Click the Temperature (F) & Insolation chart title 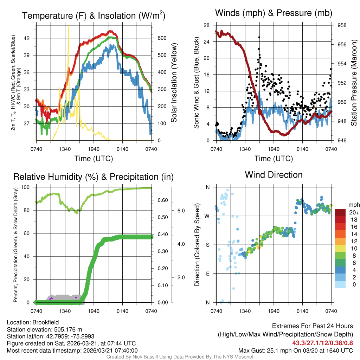(x=94, y=15)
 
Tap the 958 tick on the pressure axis (x=342, y=25)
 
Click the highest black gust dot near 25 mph (x=259, y=37)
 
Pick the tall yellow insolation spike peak (x=68, y=26)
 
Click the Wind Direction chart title (x=274, y=175)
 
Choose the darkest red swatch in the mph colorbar (x=341, y=212)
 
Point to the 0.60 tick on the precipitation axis (x=162, y=201)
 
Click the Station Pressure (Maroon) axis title (x=354, y=83)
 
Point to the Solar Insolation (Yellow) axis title (x=174, y=83)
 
